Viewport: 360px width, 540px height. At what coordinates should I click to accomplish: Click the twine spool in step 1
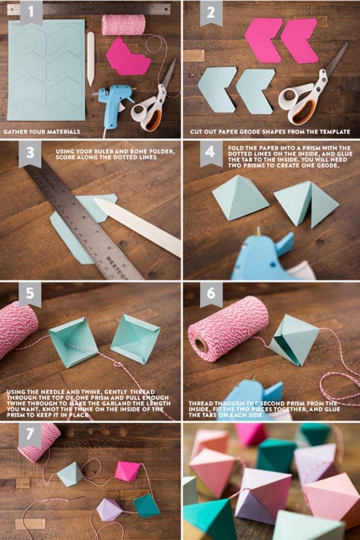click(123, 25)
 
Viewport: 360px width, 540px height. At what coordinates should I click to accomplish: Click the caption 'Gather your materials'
click(42, 131)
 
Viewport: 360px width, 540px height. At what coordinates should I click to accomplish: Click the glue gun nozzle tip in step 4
click(257, 231)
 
